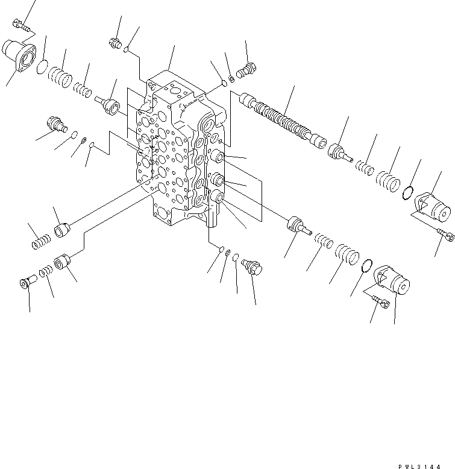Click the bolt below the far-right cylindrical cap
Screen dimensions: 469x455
[447, 238]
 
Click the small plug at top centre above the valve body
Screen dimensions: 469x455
[115, 43]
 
